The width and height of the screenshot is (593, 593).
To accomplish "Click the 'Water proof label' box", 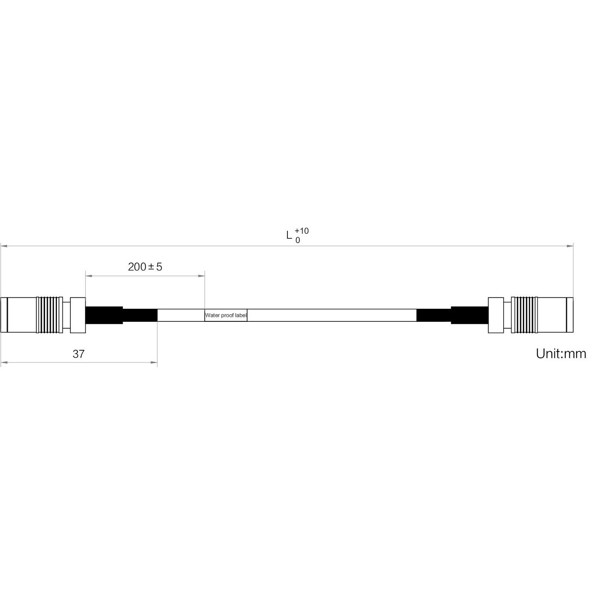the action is pos(226,315).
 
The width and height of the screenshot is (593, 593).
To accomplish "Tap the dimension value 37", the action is pos(79,354).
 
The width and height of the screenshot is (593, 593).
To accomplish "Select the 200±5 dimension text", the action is pos(145,267).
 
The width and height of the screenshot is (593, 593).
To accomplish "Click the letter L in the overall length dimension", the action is pos(289,236).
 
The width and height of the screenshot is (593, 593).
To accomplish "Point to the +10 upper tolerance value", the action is pos(302,231).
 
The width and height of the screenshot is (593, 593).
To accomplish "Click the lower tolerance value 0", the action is pos(298,240).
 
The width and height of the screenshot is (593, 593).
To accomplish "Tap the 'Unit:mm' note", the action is pos(561,353).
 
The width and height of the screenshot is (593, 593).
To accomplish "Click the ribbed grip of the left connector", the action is pos(48,315).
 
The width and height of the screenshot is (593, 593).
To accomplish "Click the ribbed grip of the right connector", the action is pos(524,315).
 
